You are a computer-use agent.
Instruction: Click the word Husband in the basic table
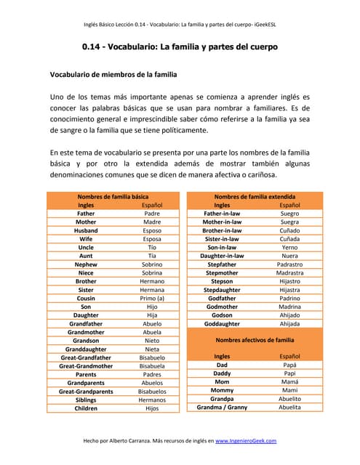click(86, 230)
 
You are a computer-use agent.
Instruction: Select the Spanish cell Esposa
click(152, 238)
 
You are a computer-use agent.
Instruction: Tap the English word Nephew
click(86, 264)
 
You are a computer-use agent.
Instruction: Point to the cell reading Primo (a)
click(152, 298)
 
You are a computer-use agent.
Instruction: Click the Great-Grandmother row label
click(86, 366)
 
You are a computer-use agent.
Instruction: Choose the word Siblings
click(86, 400)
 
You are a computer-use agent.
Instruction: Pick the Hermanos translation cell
click(152, 400)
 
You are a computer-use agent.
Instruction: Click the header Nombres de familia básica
click(113, 197)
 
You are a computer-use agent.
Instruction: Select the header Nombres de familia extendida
click(255, 197)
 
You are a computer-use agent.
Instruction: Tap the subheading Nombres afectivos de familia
click(255, 340)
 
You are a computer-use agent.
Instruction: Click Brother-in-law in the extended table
click(222, 230)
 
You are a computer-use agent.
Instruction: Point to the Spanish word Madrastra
click(289, 272)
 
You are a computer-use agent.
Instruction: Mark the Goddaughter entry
click(222, 323)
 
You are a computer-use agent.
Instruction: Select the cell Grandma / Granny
click(222, 408)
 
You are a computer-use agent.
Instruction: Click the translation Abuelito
click(289, 399)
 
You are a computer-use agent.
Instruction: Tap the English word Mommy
click(222, 390)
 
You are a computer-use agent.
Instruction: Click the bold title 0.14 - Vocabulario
click(180, 47)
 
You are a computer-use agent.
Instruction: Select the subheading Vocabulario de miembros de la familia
click(113, 74)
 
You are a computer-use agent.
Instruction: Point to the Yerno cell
click(289, 247)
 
